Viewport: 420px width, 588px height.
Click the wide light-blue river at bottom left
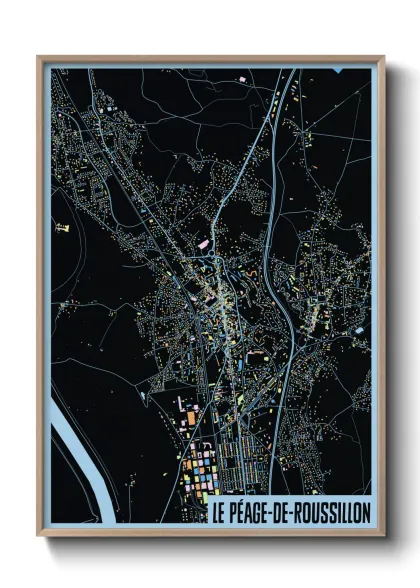coord(75,440)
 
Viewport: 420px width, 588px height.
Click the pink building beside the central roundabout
coord(204,243)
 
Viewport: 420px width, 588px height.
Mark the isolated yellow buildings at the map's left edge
coord(63,228)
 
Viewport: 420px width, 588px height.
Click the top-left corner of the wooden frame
coord(39,58)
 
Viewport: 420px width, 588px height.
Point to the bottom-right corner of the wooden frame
coord(383,535)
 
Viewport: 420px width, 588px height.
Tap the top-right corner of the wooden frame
coord(383,58)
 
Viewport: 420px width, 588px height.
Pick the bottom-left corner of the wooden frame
coord(39,535)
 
